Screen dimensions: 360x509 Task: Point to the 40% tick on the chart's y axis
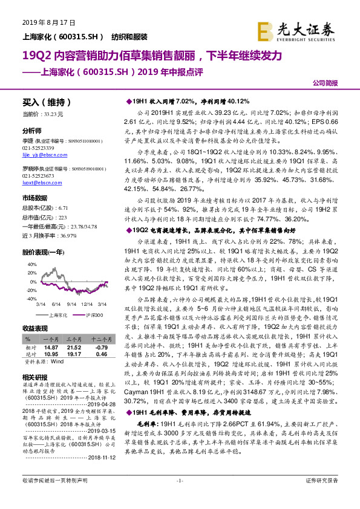coord(30,264)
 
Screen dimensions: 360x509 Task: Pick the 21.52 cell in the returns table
coord(74,348)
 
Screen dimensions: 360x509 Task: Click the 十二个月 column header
coord(100,341)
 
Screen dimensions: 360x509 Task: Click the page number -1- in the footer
coord(180,496)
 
